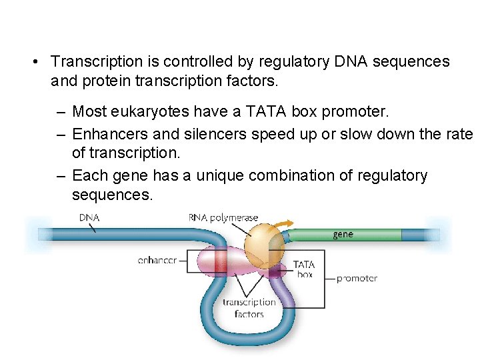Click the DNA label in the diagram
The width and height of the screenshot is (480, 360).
(90, 217)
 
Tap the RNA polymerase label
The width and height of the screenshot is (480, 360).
(223, 217)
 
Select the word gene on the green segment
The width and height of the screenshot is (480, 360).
(343, 234)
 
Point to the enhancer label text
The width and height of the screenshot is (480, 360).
(157, 260)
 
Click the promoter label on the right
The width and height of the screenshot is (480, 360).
(357, 278)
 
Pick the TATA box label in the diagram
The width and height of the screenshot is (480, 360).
(304, 269)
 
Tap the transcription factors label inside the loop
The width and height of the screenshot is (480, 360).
(249, 308)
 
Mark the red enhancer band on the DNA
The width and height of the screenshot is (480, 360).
(220, 261)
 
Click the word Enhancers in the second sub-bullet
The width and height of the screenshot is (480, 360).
(104, 134)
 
